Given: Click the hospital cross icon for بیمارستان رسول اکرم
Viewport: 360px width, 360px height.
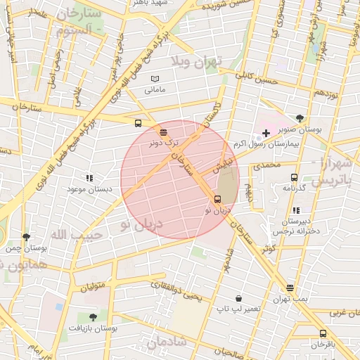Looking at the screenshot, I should (266, 133).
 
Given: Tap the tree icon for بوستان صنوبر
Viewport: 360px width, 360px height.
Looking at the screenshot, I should (300, 118).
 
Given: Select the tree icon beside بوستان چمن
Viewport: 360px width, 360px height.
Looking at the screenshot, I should (27, 238).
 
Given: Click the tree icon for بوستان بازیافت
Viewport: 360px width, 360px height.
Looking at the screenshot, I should (94, 318).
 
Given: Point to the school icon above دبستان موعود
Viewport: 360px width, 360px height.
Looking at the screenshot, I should (89, 179).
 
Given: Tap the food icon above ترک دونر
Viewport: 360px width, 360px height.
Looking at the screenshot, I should (164, 131).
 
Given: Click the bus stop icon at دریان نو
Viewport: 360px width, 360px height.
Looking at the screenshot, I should (217, 199).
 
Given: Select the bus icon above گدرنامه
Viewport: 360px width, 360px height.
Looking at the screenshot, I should (293, 177).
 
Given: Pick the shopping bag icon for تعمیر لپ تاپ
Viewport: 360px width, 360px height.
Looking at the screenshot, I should (238, 299).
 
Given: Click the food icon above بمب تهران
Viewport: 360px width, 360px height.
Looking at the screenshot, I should (290, 288).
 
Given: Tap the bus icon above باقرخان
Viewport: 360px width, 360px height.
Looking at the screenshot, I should (323, 333).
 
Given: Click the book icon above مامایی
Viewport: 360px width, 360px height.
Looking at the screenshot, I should (155, 79).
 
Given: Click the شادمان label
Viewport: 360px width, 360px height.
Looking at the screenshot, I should (166, 342).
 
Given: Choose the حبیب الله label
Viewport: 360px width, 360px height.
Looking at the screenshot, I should (77, 234).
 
